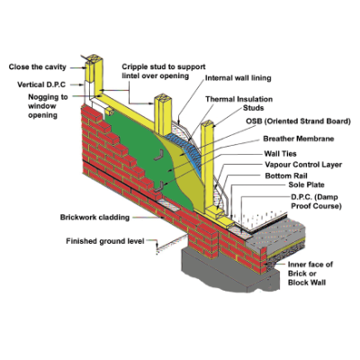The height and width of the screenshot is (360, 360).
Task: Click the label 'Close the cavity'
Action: click(38, 67)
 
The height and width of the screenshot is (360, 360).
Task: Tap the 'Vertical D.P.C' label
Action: click(41, 85)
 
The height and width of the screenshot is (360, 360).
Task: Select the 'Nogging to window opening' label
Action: click(48, 106)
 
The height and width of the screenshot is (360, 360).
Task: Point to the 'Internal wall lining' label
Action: click(238, 78)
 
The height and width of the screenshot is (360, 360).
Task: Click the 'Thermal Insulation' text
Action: click(239, 99)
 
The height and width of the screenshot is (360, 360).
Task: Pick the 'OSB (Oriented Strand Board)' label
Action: click(298, 121)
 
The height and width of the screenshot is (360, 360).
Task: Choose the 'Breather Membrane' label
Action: click(299, 139)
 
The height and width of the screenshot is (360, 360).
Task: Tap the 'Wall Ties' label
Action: click(280, 154)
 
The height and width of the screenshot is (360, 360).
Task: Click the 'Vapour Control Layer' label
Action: click(303, 165)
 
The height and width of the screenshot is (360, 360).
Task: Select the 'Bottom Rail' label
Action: click(286, 175)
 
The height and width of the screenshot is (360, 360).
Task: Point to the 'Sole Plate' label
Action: click(306, 184)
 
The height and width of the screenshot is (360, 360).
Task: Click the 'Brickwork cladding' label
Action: click(94, 217)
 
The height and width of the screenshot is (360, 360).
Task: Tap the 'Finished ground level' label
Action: click(105, 241)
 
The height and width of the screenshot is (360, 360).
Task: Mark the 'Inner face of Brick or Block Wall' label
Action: click(310, 274)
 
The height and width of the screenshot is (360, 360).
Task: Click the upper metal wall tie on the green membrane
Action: click(158, 156)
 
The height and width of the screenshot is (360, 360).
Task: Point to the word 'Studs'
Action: click(254, 108)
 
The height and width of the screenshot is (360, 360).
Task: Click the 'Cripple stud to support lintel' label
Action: click(164, 71)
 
